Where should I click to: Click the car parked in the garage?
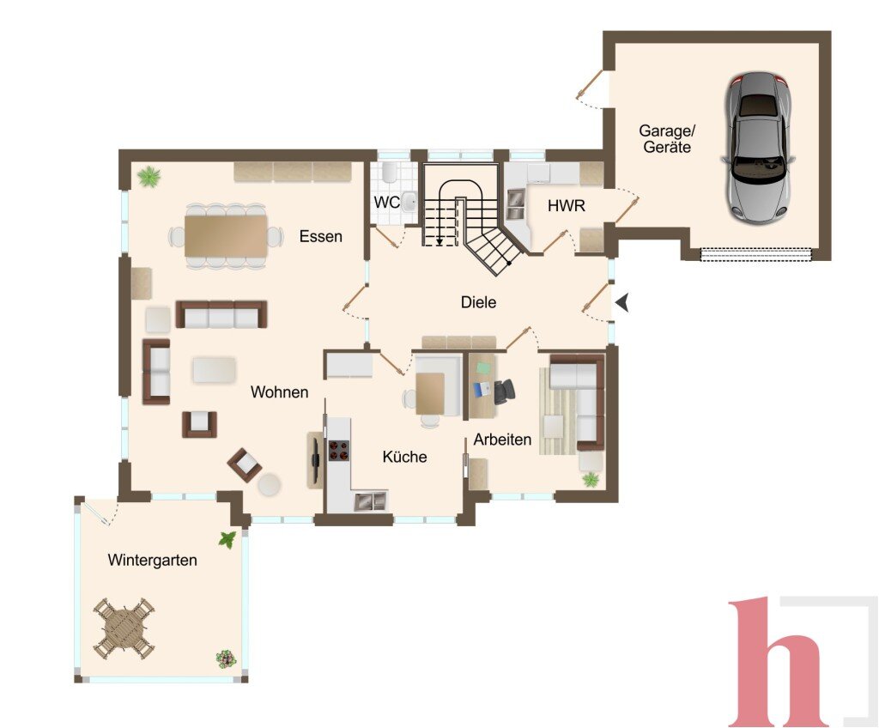click(756, 148)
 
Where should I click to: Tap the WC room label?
click(387, 203)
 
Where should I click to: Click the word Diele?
click(478, 302)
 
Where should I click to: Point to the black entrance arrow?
click(621, 303)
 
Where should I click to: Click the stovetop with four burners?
click(338, 451)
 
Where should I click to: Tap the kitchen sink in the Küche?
click(370, 500)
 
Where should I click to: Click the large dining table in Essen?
click(226, 235)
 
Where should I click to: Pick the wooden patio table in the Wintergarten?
click(124, 628)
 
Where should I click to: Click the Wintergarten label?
click(153, 560)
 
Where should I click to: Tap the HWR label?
click(567, 206)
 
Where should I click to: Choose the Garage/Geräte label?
click(667, 139)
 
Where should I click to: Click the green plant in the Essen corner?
click(149, 177)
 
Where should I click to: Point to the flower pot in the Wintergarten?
click(226, 658)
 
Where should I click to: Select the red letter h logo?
click(779, 663)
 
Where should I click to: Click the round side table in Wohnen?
click(270, 484)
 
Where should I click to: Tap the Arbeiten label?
click(502, 440)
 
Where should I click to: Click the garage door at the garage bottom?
click(756, 255)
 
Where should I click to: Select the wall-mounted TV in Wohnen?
click(316, 452)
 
